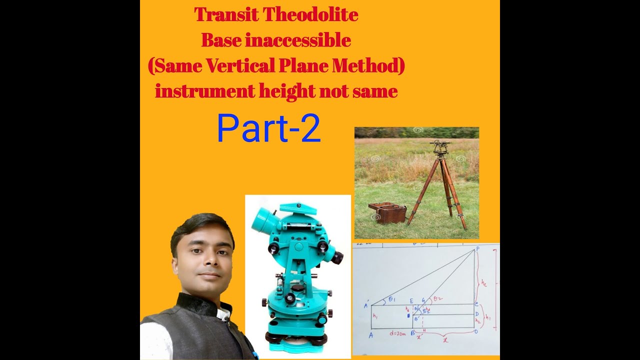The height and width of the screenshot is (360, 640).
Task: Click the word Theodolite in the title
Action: click(310, 15)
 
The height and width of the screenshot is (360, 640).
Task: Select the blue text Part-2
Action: click(268, 128)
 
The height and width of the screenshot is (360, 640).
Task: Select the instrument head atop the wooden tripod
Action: click(440, 147)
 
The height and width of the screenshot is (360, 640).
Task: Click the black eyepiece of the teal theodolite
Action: click(337, 257)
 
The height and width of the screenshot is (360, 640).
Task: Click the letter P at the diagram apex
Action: click(477, 248)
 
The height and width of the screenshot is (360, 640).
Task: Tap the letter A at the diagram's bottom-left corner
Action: click(370, 335)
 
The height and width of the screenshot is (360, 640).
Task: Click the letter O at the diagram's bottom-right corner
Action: click(475, 331)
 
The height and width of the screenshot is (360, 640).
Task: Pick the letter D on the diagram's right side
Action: click(477, 314)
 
